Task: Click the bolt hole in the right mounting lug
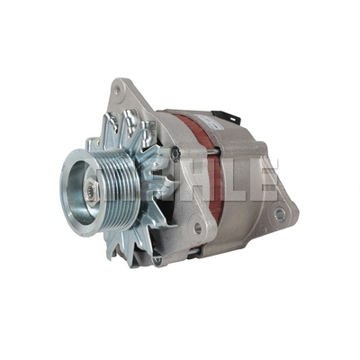pos(280,213)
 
